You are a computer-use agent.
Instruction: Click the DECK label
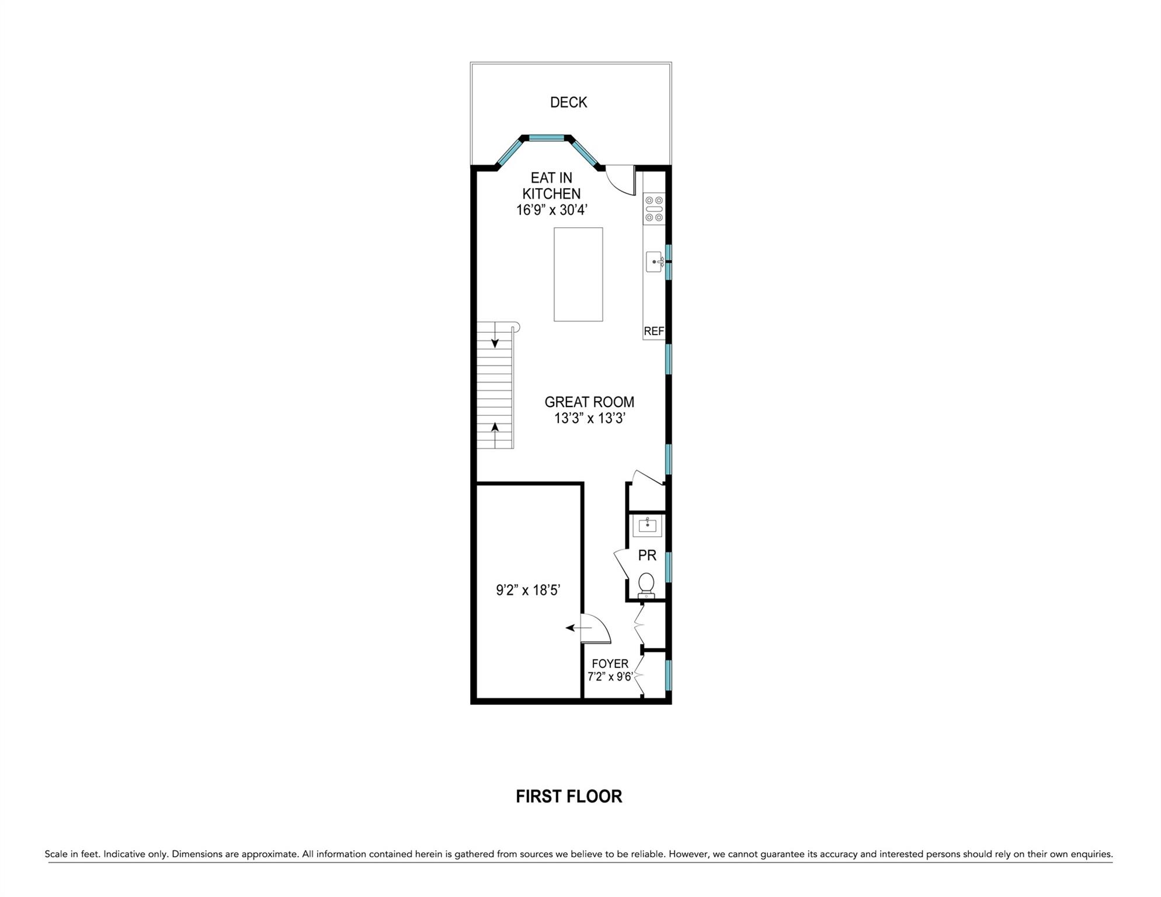(x=568, y=102)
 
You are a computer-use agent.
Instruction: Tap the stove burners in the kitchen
(x=654, y=209)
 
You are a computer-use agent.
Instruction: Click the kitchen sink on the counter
(x=654, y=262)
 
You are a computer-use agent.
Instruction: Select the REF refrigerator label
(x=654, y=331)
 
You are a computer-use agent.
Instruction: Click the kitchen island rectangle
(x=578, y=274)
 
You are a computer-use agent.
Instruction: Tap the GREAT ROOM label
(x=589, y=402)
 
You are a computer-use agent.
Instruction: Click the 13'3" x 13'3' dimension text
(x=590, y=418)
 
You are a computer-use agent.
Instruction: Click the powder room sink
(x=647, y=526)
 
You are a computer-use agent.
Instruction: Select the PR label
(x=647, y=555)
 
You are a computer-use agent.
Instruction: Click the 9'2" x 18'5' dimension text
(x=528, y=590)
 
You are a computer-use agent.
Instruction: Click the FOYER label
(x=610, y=664)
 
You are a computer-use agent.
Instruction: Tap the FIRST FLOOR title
(x=569, y=797)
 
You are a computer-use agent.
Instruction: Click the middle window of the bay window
(x=547, y=138)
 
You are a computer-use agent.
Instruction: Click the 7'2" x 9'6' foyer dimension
(x=610, y=677)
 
